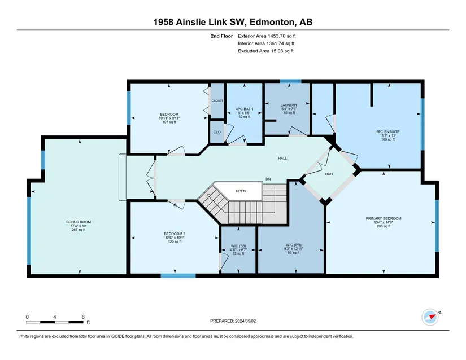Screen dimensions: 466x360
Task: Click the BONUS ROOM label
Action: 79,222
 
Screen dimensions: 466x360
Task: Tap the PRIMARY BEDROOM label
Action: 384,218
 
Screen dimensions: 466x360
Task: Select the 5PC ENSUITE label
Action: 388,132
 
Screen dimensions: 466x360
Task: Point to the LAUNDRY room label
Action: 289,105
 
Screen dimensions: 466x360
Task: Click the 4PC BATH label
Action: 244,109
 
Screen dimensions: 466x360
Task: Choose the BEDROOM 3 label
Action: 175,234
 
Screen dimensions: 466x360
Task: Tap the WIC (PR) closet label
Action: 294,245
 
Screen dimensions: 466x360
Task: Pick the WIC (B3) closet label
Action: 238,246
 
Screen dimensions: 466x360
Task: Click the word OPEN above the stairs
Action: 241,191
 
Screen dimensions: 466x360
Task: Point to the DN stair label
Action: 268,179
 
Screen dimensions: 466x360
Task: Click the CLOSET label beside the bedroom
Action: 217,101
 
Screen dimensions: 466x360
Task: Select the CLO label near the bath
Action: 217,132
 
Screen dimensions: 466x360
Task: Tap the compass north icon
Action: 430,317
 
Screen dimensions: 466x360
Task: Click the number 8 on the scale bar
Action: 83,317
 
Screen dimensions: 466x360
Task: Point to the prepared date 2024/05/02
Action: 245,321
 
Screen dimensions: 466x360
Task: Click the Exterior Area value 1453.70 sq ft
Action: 282,36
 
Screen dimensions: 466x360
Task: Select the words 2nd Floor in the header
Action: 222,36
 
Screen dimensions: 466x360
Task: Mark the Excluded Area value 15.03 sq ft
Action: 282,51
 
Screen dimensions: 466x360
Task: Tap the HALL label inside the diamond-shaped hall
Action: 329,174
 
